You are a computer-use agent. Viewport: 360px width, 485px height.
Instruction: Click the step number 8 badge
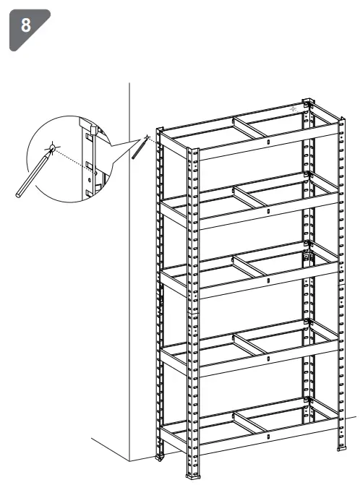click(27, 26)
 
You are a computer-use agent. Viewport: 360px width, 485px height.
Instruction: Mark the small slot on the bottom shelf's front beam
click(268, 437)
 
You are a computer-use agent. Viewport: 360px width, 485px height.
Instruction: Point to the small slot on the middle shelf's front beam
click(268, 280)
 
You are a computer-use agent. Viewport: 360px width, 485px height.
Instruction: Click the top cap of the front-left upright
click(192, 150)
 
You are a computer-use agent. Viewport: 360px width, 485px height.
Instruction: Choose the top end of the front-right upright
click(340, 116)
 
